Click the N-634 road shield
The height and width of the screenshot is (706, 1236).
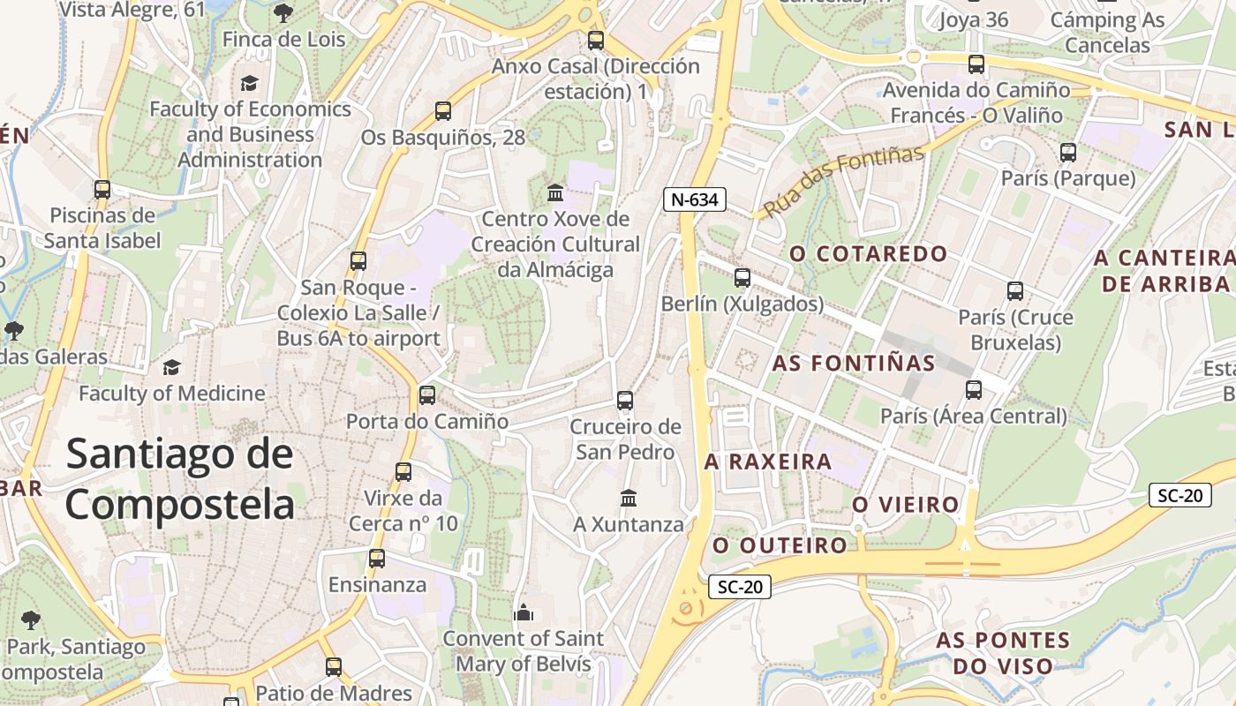coord(694,199)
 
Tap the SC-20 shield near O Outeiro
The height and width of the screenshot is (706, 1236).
coord(740,586)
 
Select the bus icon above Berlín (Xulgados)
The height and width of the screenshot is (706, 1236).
coord(742,278)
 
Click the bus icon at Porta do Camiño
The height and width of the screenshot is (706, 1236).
coord(427,395)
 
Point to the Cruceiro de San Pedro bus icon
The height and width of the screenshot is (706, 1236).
coord(625,401)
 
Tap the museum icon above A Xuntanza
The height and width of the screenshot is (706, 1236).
coord(629,499)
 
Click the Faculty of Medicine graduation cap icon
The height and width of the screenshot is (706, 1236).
coord(171,367)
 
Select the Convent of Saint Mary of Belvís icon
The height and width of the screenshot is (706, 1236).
coord(524,612)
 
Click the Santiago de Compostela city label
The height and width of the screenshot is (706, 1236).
coord(179,479)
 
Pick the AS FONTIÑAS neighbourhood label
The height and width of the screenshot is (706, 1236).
coord(854,363)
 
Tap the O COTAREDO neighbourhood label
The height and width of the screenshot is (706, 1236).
coord(869,254)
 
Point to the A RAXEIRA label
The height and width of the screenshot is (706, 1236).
coord(768,462)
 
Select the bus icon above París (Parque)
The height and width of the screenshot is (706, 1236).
coord(1068,153)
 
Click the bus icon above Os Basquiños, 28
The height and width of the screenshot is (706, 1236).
coord(443,111)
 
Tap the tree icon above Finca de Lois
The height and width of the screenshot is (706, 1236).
coord(283,13)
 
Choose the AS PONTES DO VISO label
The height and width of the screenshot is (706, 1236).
coord(1003,652)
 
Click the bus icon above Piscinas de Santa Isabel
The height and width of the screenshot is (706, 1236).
coord(102,189)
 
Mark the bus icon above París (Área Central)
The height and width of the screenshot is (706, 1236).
coord(974,389)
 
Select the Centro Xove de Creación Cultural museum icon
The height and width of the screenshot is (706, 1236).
coord(555,192)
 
